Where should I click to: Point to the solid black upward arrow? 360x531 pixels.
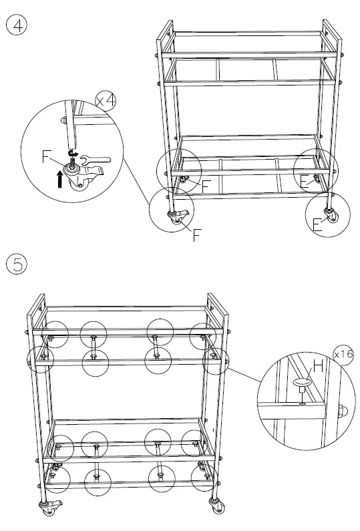(x=59, y=179)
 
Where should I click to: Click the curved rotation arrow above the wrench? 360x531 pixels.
(x=75, y=152)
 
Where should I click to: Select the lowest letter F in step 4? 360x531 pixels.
(x=197, y=235)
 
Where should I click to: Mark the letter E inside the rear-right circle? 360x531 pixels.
(x=305, y=181)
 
